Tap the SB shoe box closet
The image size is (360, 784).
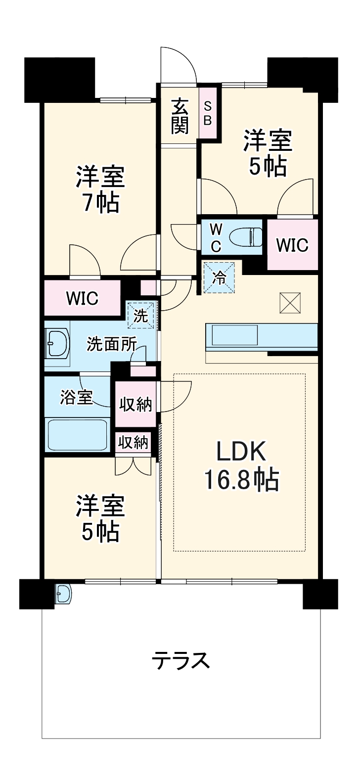pyautogui.click(x=208, y=113)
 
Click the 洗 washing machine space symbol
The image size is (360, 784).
pyautogui.click(x=141, y=315)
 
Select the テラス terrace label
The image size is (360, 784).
pyautogui.click(x=181, y=660)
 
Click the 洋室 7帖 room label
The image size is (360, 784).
pyautogui.click(x=100, y=189)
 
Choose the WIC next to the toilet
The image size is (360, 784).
pyautogui.click(x=292, y=245)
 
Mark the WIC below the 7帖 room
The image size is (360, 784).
pyautogui.click(x=82, y=298)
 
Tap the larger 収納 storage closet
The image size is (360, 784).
pyautogui.click(x=135, y=404)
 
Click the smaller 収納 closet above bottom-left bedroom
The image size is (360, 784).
pyautogui.click(x=133, y=442)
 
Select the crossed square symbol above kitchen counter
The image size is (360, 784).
pyautogui.click(x=290, y=303)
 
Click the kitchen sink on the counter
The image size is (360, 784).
pyautogui.click(x=235, y=335)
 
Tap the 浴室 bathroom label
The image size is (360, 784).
pyautogui.click(x=77, y=397)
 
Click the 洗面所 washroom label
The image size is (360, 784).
pyautogui.click(x=111, y=344)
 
